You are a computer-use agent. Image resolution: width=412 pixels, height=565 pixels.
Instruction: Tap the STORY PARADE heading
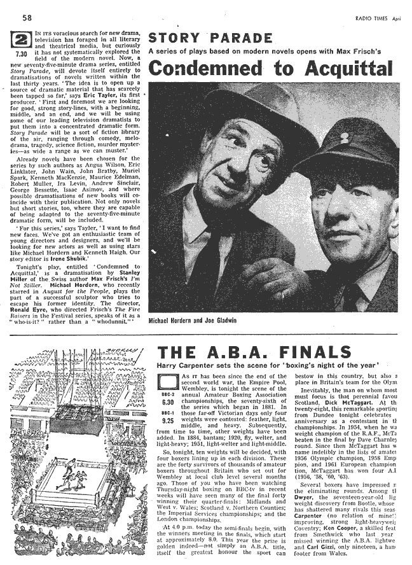pyautogui.click(x=210, y=38)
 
